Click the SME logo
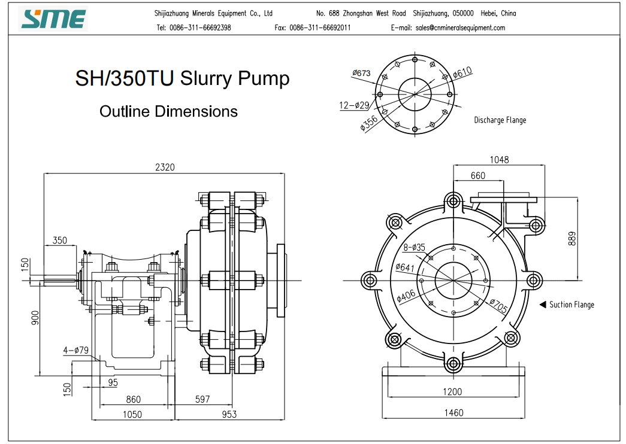point(53,19)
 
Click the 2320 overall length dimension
point(165,167)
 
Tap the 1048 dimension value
point(499,160)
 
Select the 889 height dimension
point(572,239)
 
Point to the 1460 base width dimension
point(453,412)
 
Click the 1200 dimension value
point(452,392)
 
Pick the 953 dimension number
point(229,415)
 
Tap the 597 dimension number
point(202,399)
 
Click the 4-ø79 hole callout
point(75,350)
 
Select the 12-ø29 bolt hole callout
point(354,105)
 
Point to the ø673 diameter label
point(361,73)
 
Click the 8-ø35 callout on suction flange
point(414,247)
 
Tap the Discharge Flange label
point(500,120)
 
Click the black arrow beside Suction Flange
point(543,305)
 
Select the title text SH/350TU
point(125,78)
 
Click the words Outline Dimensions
point(168,111)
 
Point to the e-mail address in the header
point(460,28)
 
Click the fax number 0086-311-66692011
point(320,28)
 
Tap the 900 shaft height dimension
point(35,318)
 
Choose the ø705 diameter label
point(498,306)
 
